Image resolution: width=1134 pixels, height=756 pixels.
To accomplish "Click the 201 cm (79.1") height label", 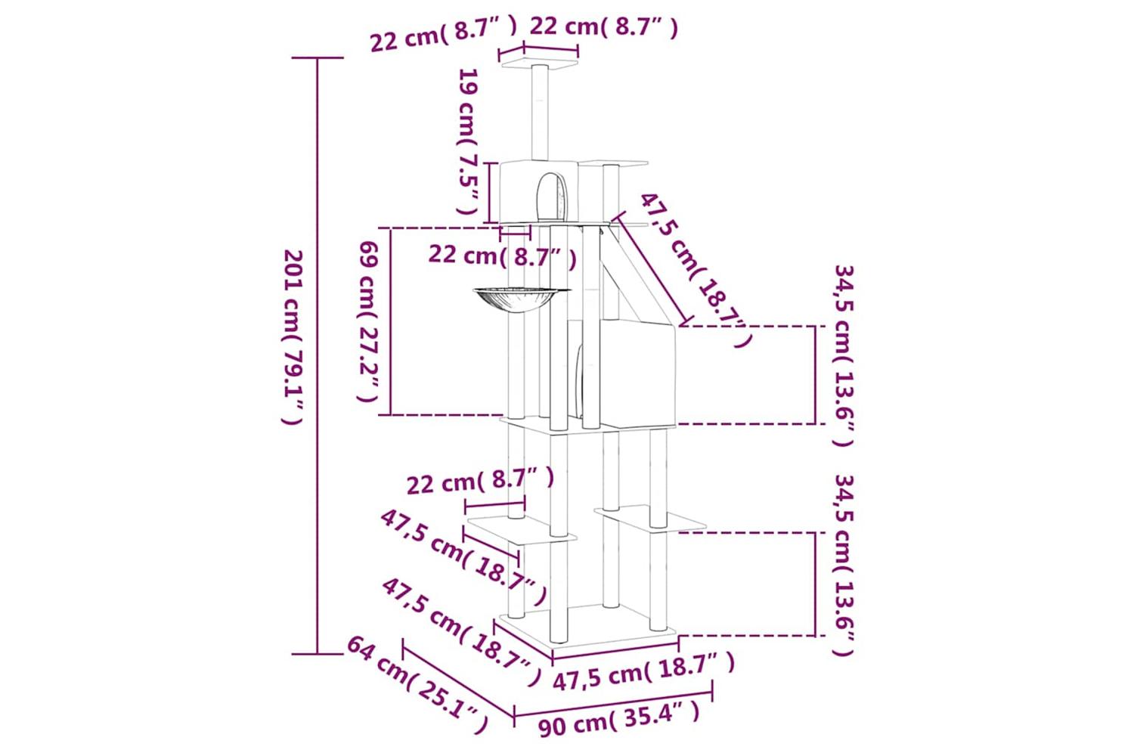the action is tap(293, 337).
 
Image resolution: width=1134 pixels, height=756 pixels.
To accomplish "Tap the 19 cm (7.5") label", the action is tap(467, 142).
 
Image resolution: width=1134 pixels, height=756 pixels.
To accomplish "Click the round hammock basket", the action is tap(522, 299).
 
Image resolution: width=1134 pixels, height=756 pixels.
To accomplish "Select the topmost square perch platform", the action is tap(539, 65).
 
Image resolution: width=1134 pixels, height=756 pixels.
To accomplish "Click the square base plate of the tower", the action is tap(587, 628).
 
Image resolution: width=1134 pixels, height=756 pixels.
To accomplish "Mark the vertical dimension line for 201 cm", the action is tap(318, 356).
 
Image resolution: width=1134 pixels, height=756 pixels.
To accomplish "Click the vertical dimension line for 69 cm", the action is tap(390, 321).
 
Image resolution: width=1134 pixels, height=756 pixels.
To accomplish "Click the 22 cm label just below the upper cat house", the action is tap(502, 256).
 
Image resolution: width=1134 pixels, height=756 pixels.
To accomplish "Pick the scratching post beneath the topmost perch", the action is tap(541, 113).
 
